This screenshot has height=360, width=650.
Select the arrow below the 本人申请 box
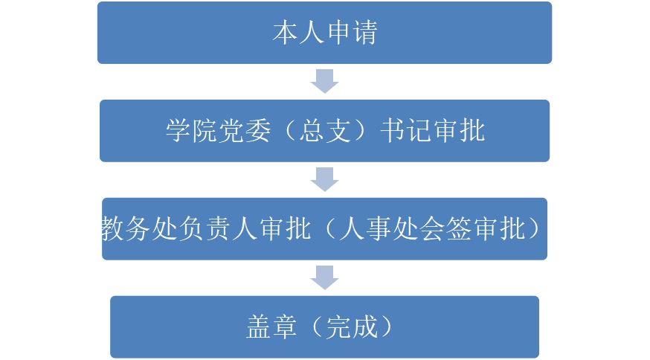[324, 81]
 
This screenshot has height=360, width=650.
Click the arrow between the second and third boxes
[324, 179]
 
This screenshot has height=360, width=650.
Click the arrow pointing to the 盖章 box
[324, 277]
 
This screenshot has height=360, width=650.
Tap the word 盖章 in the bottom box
[271, 327]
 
